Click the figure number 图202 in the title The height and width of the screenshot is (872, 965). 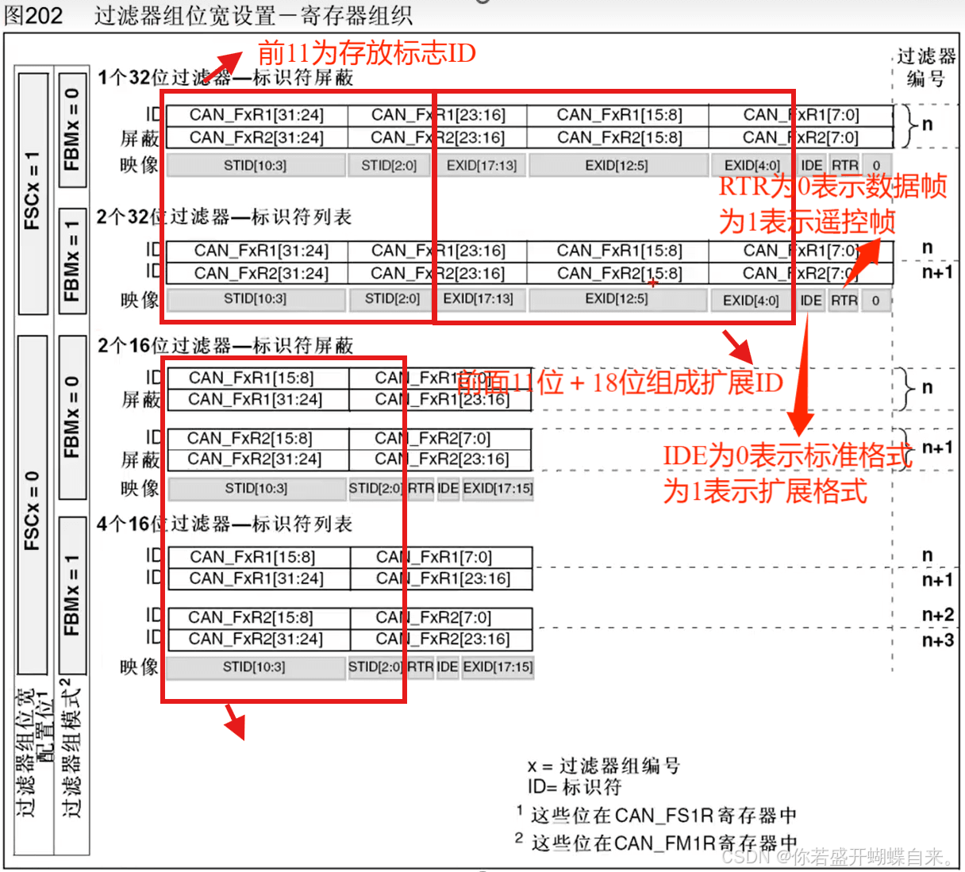33,15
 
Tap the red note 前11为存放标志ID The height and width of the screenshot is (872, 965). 367,53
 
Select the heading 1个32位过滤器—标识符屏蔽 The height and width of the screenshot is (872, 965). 225,78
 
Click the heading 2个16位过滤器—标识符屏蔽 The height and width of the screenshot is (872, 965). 225,345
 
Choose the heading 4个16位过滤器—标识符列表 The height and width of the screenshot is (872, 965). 225,524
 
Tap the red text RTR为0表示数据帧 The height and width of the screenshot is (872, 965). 832,186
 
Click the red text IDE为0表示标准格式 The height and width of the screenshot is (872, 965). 787,455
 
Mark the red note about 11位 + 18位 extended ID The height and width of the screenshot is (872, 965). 620,382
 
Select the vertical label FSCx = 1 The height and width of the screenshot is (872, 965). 33,191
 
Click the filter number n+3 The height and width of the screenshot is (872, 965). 937,640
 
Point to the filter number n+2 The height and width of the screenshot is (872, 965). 937,615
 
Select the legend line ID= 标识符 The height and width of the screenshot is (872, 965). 575,787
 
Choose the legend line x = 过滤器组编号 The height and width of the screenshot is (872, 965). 603,766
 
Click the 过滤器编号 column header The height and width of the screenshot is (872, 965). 926,67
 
